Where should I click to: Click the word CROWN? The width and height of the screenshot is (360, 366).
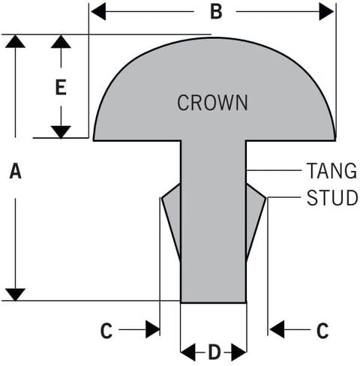212,103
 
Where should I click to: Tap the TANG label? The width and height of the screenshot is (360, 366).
331,170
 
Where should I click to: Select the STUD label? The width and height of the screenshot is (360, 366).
332,197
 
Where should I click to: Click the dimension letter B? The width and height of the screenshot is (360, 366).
216,12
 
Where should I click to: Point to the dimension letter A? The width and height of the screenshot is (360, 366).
16,171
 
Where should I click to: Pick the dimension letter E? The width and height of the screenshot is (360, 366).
61,87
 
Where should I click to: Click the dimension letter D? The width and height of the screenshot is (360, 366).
214,352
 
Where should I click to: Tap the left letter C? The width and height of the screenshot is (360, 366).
106,331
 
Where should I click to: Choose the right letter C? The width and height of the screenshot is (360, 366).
322,331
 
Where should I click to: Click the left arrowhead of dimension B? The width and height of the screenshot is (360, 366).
98,11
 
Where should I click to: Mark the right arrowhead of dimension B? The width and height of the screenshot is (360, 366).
326,11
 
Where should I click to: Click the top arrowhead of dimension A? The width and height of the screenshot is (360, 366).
15,41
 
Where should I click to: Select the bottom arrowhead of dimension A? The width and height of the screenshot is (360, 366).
15,295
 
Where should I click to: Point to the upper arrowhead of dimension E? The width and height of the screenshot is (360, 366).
61,41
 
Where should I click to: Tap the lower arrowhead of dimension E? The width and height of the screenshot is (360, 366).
61,132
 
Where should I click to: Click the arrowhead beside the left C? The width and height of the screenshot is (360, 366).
153,329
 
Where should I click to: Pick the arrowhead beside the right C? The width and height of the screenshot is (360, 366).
277,329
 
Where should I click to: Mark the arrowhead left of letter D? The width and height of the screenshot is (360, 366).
187,352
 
